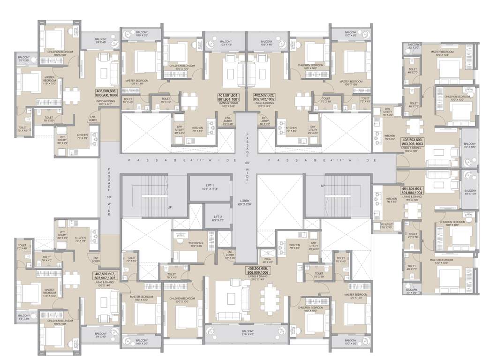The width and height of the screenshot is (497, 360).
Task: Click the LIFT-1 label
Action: click(x=209, y=187)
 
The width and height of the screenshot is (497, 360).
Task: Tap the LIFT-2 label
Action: click(x=218, y=217)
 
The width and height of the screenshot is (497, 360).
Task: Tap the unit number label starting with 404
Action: click(x=412, y=190)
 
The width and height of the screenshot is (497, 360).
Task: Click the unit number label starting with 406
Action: click(x=257, y=270)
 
